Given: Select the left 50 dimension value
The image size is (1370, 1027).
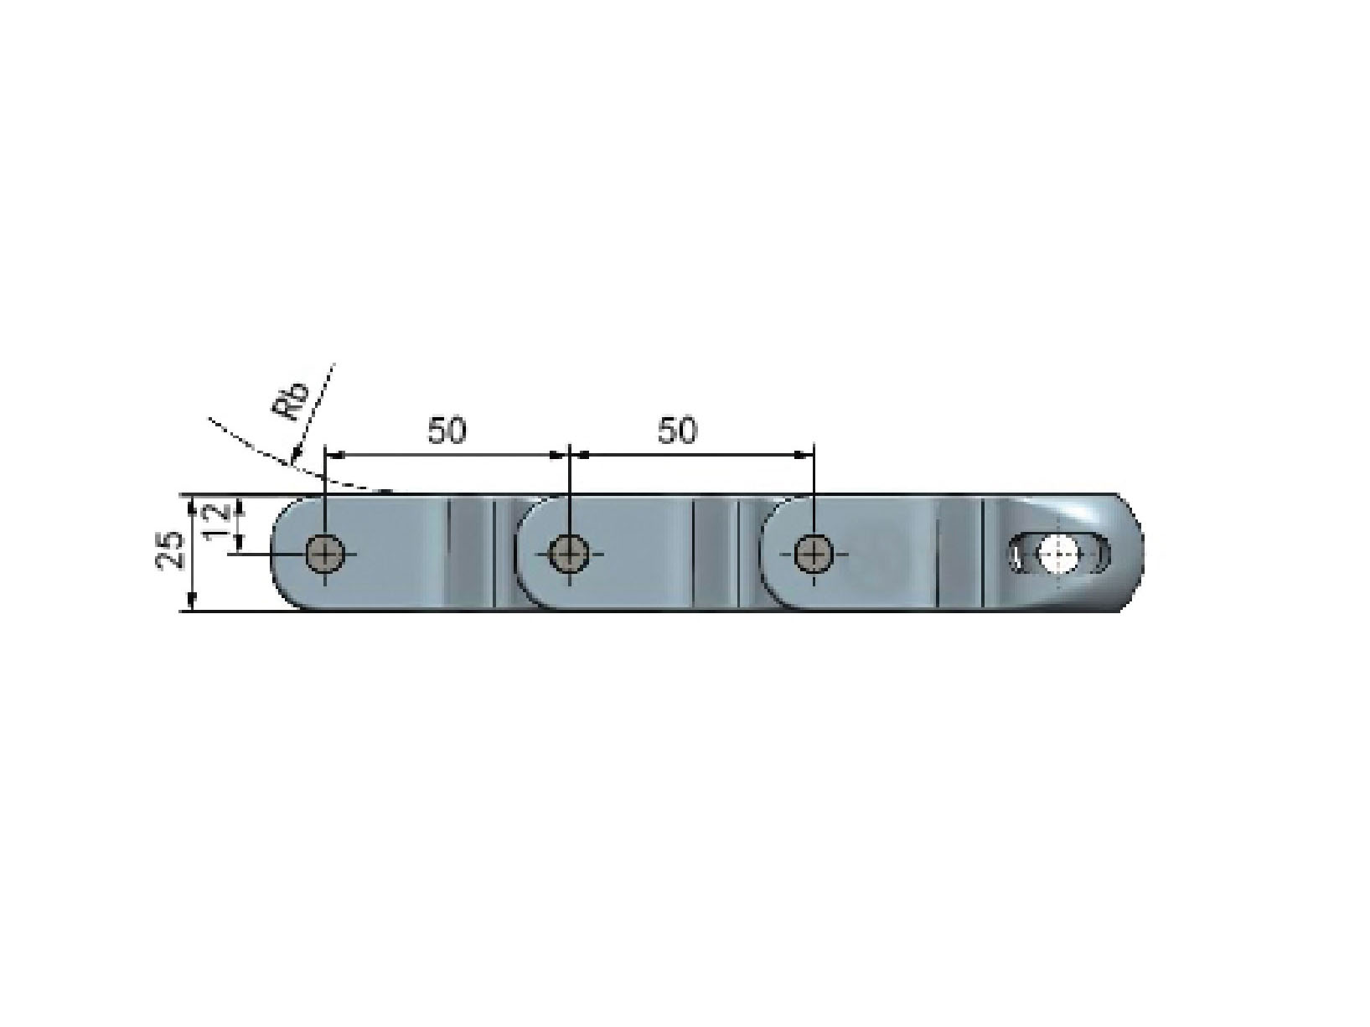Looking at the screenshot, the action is [x=447, y=431].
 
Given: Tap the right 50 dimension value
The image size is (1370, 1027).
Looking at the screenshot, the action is [x=677, y=431].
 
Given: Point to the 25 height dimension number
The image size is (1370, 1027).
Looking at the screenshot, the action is [x=170, y=550].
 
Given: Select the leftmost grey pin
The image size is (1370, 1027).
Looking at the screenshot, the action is [x=325, y=553].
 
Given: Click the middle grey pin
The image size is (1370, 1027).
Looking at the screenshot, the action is [x=569, y=553].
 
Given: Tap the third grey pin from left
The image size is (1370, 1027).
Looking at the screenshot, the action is [x=814, y=553].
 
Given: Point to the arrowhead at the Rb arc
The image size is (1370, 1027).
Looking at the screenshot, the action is [x=296, y=454].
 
